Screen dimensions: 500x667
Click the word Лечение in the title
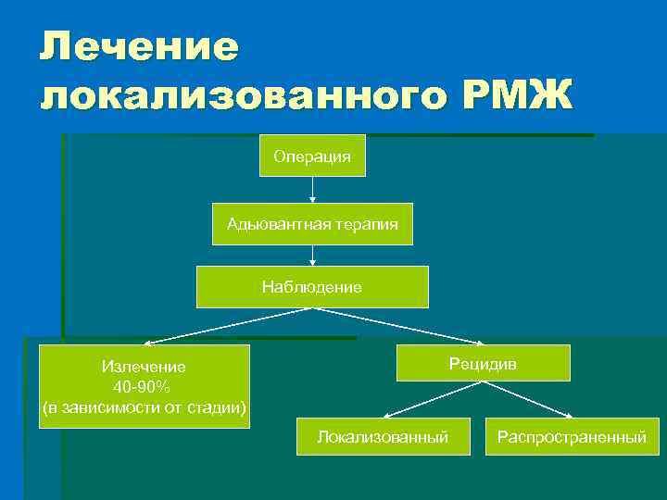pos(139,47)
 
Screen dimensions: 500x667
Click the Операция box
pos(312,156)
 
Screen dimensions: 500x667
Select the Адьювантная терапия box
pos(312,224)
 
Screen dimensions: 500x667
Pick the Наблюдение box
pos(312,287)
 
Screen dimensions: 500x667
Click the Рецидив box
pos(483,363)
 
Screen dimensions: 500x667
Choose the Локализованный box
pos(383,436)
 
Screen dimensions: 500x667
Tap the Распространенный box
pos(572,436)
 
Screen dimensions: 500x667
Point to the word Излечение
pos(144,367)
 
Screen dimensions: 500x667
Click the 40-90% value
pos(144,387)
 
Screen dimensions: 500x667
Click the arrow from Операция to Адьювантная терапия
pos(312,190)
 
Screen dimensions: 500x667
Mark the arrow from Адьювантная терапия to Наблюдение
pos(312,256)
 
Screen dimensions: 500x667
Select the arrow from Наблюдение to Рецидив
pos(398,326)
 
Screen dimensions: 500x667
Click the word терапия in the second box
pos(368,224)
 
